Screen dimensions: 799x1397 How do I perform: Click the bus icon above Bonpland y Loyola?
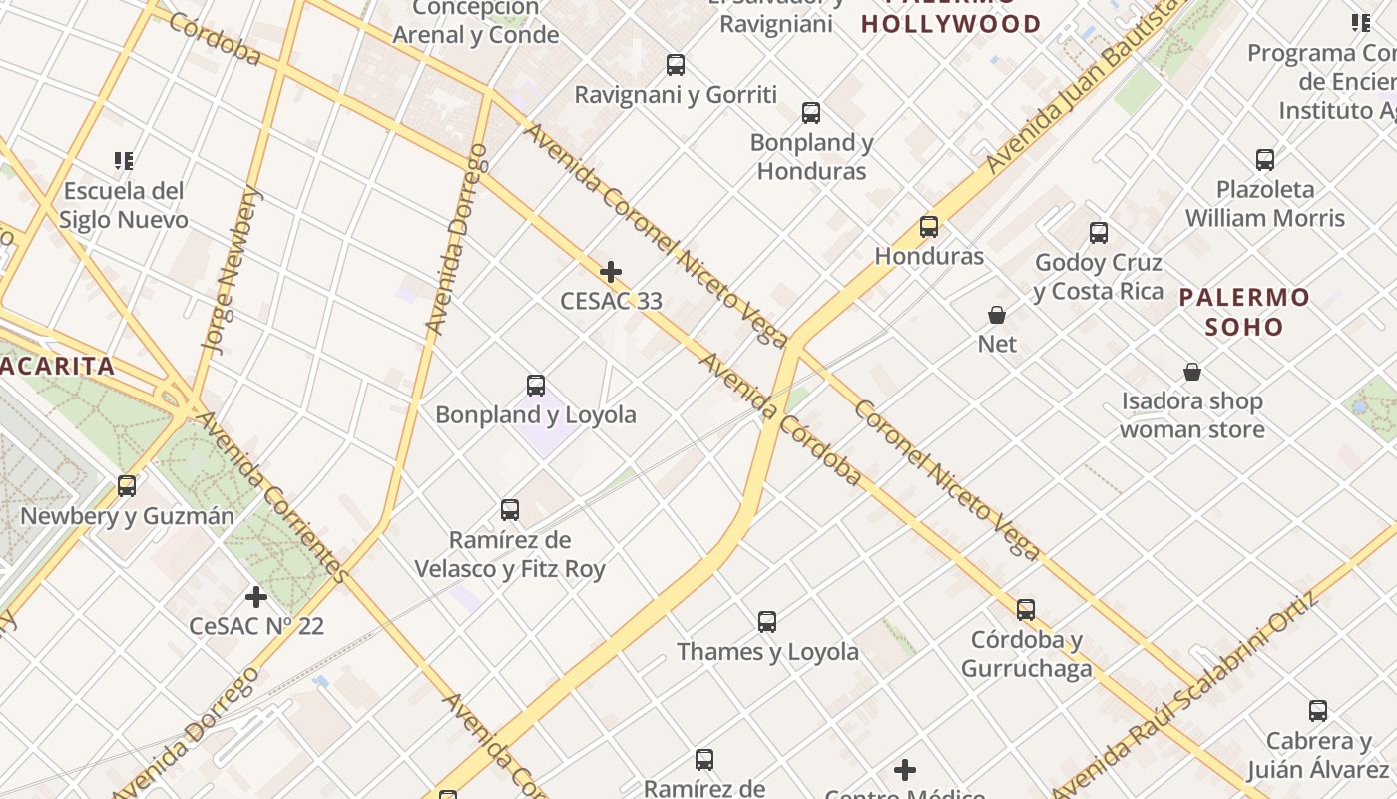click(x=536, y=385)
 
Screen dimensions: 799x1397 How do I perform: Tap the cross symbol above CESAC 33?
click(x=611, y=271)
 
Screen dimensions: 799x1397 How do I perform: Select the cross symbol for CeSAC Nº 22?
click(x=256, y=597)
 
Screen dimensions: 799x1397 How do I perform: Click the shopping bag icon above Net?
click(x=997, y=315)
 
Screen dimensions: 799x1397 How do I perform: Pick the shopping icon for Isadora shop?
click(x=1192, y=373)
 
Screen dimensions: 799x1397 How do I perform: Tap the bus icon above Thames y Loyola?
click(x=767, y=622)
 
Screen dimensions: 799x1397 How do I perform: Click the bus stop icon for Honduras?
click(x=929, y=227)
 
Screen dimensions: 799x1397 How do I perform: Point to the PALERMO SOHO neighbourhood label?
click(x=1244, y=312)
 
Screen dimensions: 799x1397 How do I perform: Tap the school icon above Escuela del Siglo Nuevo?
click(x=124, y=160)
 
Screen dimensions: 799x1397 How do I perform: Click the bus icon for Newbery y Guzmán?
click(x=127, y=486)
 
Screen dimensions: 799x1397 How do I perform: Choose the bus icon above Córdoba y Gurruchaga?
click(x=1026, y=610)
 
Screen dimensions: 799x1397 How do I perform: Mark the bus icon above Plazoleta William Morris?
click(x=1265, y=159)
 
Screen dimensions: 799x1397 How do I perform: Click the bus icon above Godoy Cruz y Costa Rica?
click(x=1099, y=233)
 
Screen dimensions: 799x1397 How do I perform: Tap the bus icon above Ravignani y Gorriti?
click(x=676, y=65)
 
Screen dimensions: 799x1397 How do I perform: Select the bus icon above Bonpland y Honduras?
click(x=811, y=113)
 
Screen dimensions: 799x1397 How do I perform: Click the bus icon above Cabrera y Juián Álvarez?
click(x=1318, y=711)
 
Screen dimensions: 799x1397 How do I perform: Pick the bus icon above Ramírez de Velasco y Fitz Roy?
click(x=510, y=510)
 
